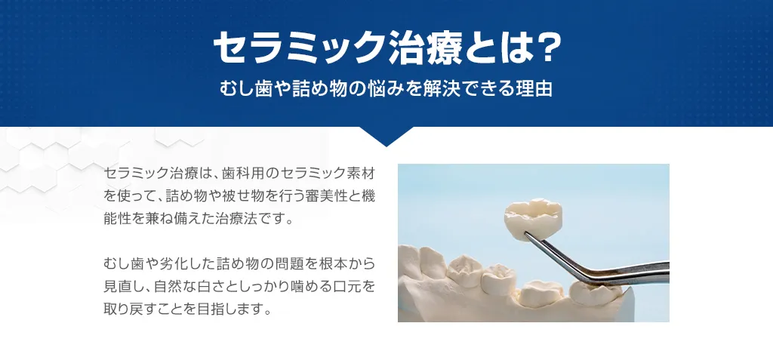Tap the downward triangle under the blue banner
point(386,135)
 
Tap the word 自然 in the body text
point(182,288)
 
